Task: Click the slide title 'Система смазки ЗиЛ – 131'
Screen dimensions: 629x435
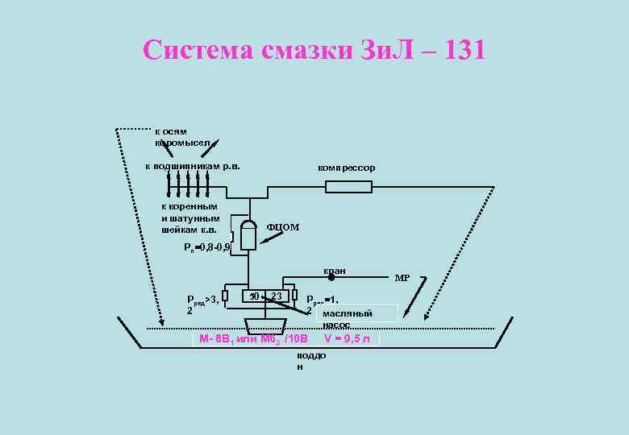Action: (x=314, y=50)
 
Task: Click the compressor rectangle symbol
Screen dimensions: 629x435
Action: (x=348, y=187)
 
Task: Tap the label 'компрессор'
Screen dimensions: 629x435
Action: (x=346, y=168)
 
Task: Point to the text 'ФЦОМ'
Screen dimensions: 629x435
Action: (x=282, y=227)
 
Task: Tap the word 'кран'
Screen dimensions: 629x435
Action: (x=334, y=271)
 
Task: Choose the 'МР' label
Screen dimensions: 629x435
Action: (x=402, y=278)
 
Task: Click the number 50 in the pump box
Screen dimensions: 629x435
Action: (x=254, y=296)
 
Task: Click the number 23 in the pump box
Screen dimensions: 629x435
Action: (x=277, y=296)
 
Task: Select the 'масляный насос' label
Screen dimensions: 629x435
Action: (x=347, y=318)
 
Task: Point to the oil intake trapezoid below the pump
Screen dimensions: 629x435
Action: (x=265, y=327)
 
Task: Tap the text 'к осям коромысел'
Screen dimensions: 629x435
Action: (x=181, y=137)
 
